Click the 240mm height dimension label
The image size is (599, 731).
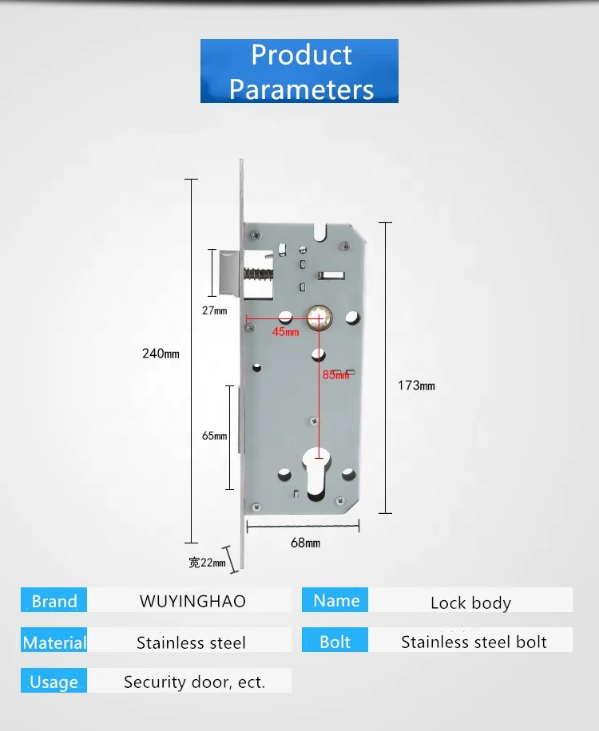point(161,354)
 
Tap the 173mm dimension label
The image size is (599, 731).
point(416,385)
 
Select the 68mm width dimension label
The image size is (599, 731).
point(305,543)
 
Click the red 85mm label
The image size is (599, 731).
point(336,375)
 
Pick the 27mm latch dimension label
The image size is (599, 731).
point(214,310)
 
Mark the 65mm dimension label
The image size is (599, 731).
point(214,436)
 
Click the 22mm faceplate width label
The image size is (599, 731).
point(207,563)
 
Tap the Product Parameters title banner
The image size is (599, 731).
point(299,71)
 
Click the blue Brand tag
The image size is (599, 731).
point(54,601)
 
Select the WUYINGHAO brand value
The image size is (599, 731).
point(192,601)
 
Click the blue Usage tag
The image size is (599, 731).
point(54,682)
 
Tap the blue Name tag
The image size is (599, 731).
point(335,600)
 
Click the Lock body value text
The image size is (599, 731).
point(470,603)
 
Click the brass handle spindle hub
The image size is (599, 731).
point(318,319)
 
